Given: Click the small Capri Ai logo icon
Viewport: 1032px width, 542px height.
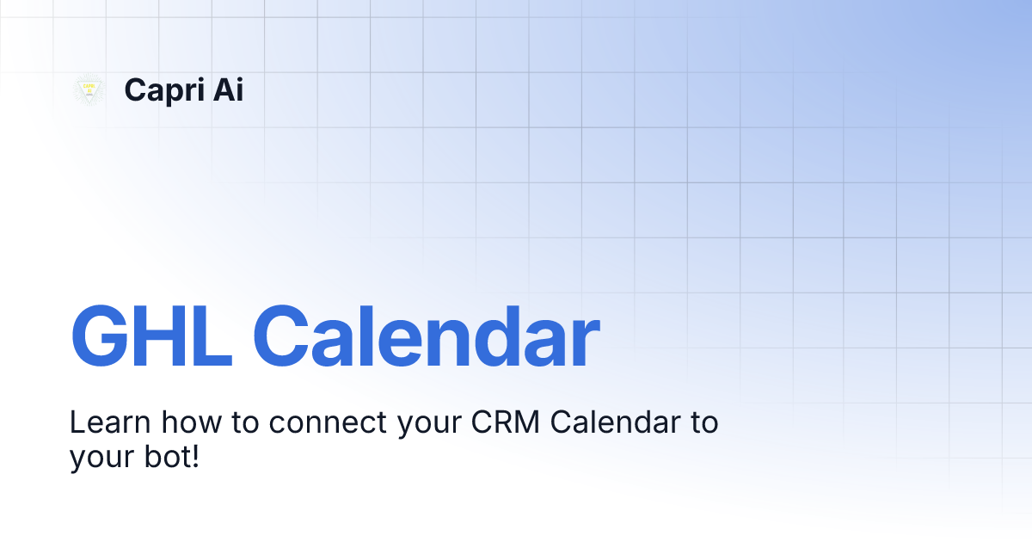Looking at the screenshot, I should point(89,89).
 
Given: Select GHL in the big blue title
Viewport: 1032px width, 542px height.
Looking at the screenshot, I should point(151,336).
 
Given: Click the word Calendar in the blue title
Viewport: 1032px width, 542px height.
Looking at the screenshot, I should point(425,336).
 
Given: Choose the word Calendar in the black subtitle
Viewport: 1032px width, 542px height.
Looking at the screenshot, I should point(611,423).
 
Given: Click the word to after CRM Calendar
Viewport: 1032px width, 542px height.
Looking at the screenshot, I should point(700,423).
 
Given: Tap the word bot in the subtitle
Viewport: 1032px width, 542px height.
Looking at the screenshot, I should point(165,456).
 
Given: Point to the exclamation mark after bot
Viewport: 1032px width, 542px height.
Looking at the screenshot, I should point(195,456).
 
